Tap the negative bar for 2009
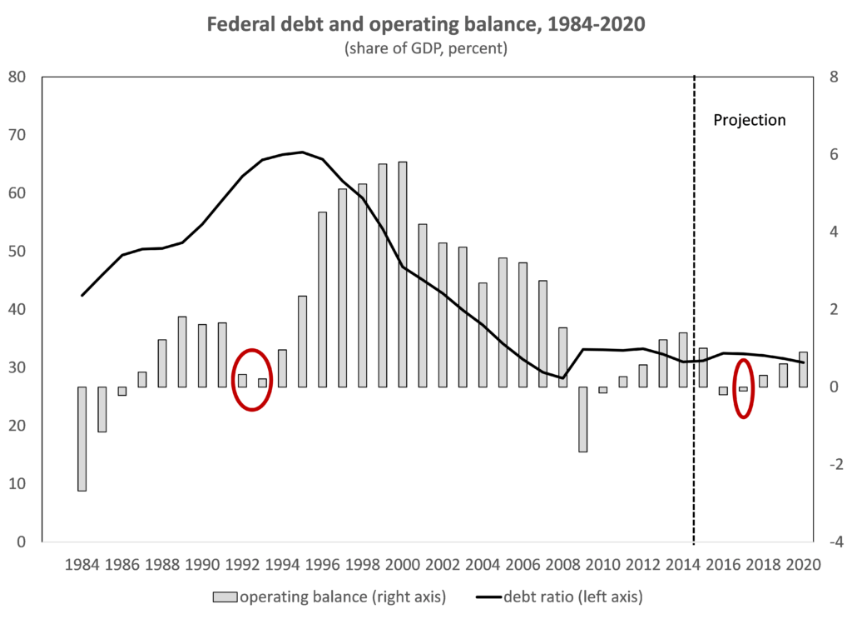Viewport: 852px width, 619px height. pos(583,419)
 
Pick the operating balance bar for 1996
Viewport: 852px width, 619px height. pos(323,300)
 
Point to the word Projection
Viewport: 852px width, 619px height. pos(749,120)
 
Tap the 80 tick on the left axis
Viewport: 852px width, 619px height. pos(17,77)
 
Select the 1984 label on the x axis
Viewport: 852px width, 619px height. pos(82,564)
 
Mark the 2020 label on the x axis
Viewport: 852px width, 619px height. pos(804,564)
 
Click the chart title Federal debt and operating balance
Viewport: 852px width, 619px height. pos(425,25)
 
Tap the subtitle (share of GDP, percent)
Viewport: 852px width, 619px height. pos(425,48)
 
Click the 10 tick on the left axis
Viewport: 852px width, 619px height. pos(17,484)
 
